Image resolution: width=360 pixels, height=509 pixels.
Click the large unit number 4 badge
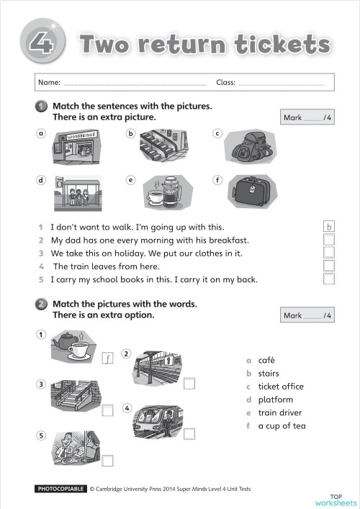click(x=42, y=41)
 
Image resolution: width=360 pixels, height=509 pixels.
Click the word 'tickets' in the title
click(x=282, y=44)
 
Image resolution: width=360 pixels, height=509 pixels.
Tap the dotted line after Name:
click(x=135, y=85)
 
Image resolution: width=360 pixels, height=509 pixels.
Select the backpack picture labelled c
click(x=251, y=147)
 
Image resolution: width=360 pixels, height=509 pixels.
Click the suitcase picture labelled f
click(x=253, y=192)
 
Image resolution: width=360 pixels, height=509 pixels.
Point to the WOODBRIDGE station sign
click(x=81, y=136)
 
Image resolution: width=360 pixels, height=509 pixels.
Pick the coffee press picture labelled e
click(x=168, y=192)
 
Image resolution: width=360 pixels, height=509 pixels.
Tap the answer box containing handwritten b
click(x=329, y=226)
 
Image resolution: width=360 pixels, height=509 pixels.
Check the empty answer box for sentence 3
click(x=329, y=253)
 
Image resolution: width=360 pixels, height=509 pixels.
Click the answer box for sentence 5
click(x=329, y=279)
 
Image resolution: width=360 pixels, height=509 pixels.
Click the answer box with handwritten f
click(x=108, y=358)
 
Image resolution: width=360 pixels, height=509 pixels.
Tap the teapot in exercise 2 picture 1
click(x=65, y=341)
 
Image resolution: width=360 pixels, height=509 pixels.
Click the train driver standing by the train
click(x=168, y=423)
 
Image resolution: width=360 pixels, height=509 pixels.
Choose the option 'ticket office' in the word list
click(x=281, y=387)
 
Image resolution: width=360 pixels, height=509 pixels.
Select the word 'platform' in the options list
click(x=276, y=400)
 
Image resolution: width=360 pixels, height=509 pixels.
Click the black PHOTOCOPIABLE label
click(x=60, y=489)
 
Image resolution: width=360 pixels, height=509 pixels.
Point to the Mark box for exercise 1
click(x=307, y=117)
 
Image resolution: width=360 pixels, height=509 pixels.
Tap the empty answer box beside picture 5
click(x=108, y=461)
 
